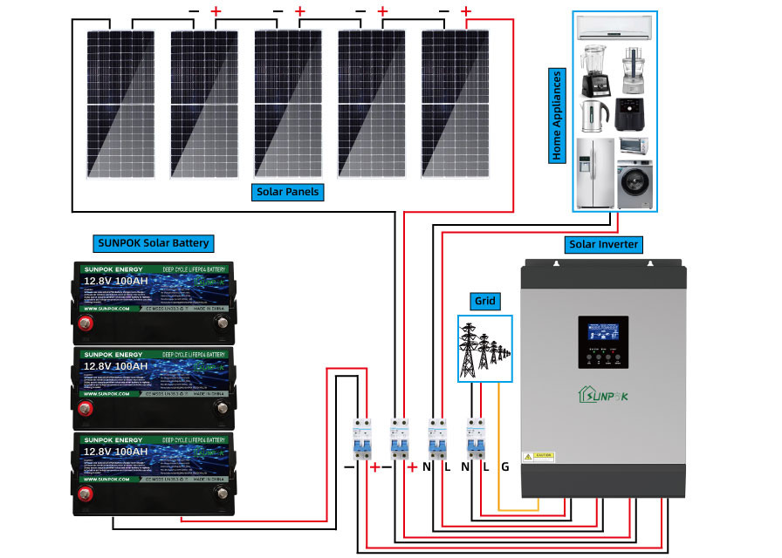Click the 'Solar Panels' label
[x=288, y=191]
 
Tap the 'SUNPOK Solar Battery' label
[x=153, y=243]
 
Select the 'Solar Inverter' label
[x=603, y=243]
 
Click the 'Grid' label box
[x=484, y=302]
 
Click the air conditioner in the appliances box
[x=614, y=29]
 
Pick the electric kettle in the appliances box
[x=593, y=113]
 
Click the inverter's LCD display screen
[x=602, y=333]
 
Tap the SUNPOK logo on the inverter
[x=602, y=393]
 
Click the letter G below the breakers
[x=504, y=466]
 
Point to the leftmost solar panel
[x=121, y=104]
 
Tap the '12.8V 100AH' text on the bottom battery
[x=115, y=453]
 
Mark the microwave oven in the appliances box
[x=634, y=146]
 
